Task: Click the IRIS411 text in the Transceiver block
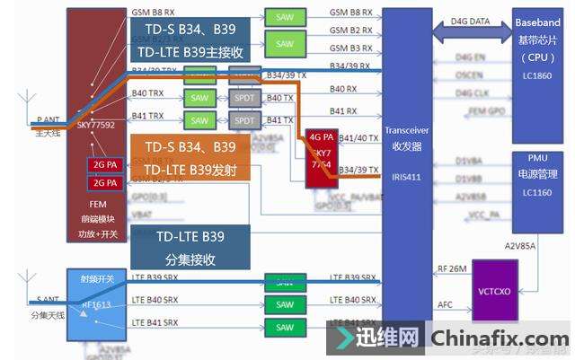tap(406, 176)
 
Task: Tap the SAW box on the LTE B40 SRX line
tap(285, 304)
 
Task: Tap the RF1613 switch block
tap(97, 303)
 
